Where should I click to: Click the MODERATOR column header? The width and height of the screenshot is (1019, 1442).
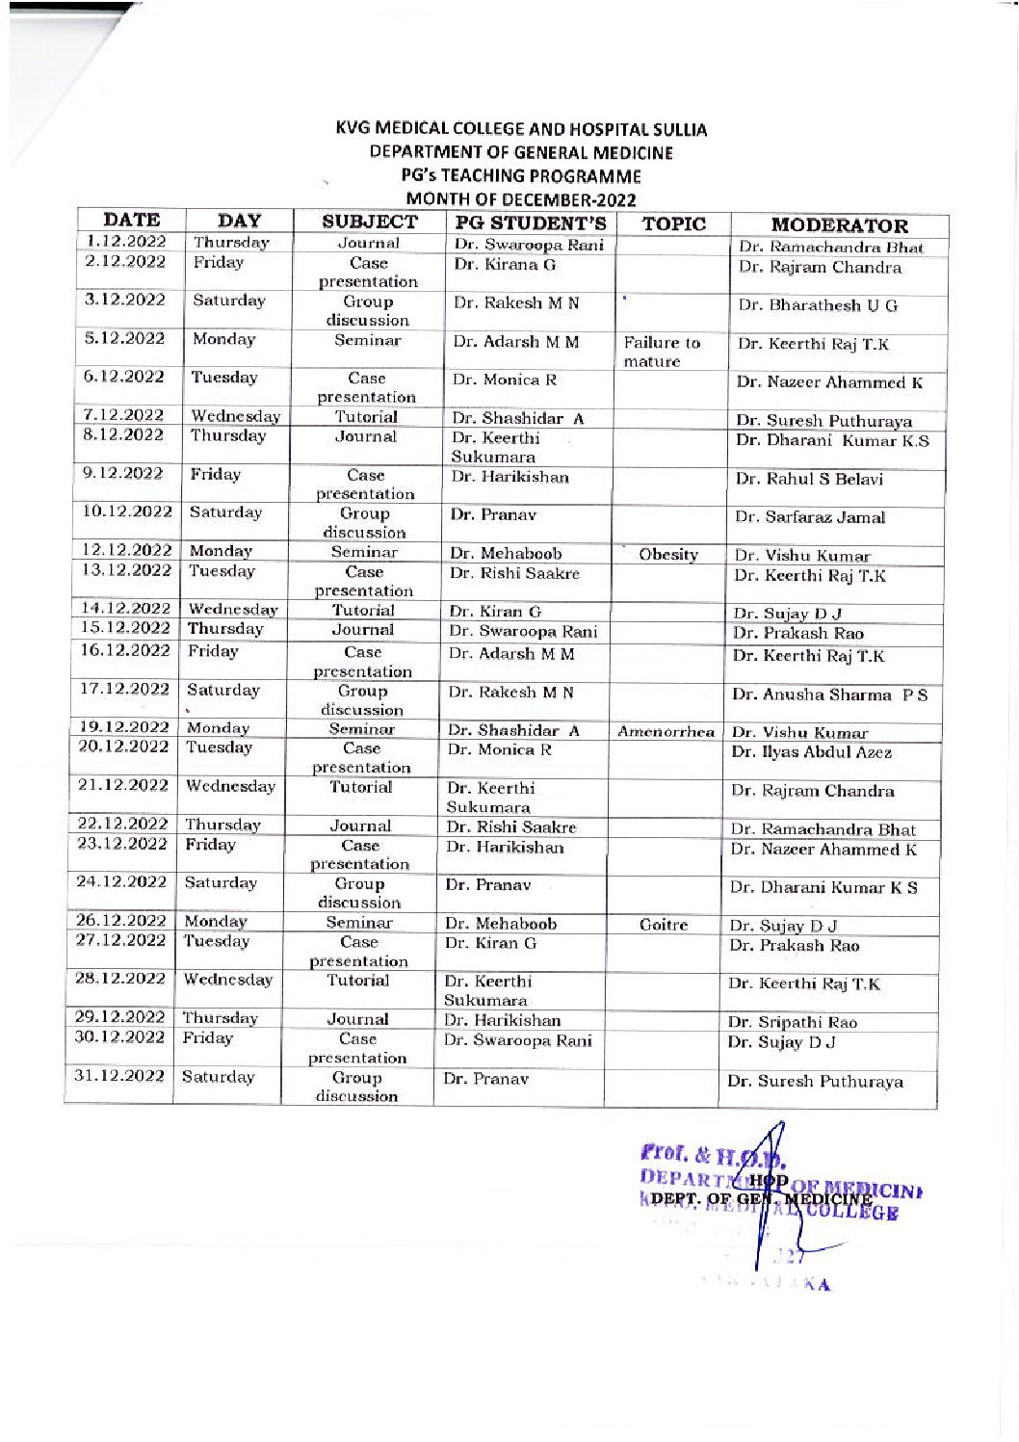coord(839,225)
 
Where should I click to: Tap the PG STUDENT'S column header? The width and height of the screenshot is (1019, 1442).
coord(530,223)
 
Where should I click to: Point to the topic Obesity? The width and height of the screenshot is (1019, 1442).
coord(667,554)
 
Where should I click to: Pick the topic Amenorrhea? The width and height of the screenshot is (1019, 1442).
coord(666,732)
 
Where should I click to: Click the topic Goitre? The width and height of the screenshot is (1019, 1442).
coord(664,925)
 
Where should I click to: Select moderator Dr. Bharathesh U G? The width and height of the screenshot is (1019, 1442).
coord(818,305)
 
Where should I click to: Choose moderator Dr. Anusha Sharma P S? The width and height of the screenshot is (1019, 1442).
coord(829,695)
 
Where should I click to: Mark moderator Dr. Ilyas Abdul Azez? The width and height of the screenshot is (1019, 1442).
coord(811,752)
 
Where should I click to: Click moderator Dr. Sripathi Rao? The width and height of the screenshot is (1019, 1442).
coord(792,1022)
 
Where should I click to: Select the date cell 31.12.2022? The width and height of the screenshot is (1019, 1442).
coord(119,1076)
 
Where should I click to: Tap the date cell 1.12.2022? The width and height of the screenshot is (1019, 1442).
coord(125,242)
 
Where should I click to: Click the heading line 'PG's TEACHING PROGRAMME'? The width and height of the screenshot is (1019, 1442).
coord(521,176)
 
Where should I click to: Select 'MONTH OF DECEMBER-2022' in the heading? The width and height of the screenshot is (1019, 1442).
coord(521,199)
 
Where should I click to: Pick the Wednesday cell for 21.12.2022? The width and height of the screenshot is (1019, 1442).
coord(229,786)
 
